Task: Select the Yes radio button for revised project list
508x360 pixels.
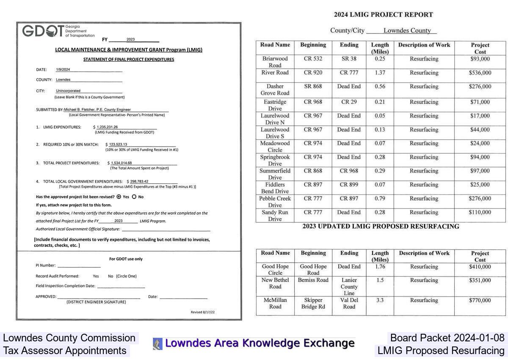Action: [x=119, y=197]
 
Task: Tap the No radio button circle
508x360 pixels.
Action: [x=134, y=197]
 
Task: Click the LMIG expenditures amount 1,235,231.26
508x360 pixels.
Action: [x=107, y=127]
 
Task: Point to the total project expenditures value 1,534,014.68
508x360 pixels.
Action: [x=121, y=163]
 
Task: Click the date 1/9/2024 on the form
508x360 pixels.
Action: [x=63, y=69]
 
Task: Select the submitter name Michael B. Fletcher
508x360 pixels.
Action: [x=97, y=110]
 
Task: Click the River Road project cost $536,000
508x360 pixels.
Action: [x=480, y=73]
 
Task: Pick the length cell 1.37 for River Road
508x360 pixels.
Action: [x=380, y=73]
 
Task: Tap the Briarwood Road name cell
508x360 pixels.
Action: [x=275, y=62]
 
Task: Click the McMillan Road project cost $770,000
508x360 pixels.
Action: [x=480, y=300]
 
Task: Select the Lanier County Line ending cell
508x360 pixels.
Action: [x=349, y=286]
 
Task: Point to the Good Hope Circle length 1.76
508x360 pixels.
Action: [x=380, y=267]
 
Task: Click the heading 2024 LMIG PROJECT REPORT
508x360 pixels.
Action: [x=383, y=15]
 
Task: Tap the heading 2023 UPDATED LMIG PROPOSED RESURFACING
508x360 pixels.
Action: [x=381, y=227]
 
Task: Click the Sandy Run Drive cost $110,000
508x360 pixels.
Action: [x=480, y=213]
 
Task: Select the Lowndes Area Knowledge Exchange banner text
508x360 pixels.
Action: [x=260, y=343]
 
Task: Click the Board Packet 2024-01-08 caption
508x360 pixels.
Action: [x=447, y=338]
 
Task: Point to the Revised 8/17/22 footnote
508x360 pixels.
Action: [x=203, y=312]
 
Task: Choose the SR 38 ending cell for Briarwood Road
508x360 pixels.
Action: [x=349, y=59]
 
